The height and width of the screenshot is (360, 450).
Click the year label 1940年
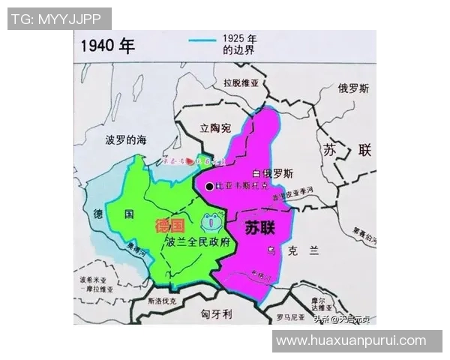[x=107, y=45]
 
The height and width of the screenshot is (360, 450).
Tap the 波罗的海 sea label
[x=125, y=139]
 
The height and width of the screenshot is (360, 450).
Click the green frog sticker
[x=211, y=222]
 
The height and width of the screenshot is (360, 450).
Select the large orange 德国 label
[x=169, y=226]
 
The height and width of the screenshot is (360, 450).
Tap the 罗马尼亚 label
[x=289, y=316]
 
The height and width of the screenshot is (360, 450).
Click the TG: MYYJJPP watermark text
[x=58, y=18]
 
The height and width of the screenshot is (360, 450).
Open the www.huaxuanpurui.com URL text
[x=351, y=340]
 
